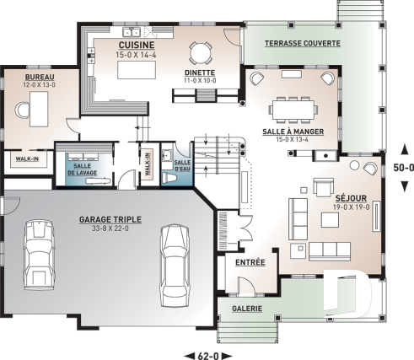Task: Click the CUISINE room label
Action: (137, 45)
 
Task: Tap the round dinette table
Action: (200, 52)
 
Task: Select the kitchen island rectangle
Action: (137, 70)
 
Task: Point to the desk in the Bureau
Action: (39, 109)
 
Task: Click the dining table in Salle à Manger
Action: (293, 110)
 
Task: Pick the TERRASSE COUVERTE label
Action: (303, 43)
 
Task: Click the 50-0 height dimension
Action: (404, 168)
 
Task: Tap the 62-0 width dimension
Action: (208, 356)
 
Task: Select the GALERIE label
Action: (247, 309)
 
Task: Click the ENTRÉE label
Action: (250, 262)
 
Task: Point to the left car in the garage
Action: (39, 255)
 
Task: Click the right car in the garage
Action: (175, 266)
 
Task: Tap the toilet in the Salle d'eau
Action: (169, 178)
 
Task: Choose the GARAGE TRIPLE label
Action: (110, 219)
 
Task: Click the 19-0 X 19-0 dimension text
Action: (352, 207)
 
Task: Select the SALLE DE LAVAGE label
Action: (83, 169)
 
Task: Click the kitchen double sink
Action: (132, 32)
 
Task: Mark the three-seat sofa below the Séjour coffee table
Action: (330, 251)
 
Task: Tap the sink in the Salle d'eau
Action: (167, 155)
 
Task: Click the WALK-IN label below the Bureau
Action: (27, 159)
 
